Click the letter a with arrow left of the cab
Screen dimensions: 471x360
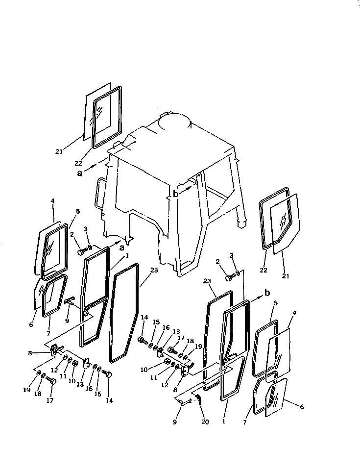coord(79,172)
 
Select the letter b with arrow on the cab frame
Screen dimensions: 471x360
coord(176,193)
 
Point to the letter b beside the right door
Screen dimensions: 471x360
coord(267,293)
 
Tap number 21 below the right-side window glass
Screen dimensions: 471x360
coord(286,276)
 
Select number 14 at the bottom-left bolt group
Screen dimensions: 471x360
coord(109,400)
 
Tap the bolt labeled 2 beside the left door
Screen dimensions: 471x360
coord(82,252)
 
